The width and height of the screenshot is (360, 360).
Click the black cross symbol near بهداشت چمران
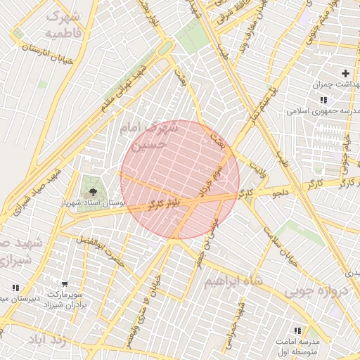(345, 73)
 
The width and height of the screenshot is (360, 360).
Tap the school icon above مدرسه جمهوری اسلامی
(292, 110)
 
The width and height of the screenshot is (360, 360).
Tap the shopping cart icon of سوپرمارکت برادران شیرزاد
(65, 285)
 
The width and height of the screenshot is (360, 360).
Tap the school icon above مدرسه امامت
(297, 330)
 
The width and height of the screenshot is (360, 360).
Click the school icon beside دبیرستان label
(15, 288)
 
